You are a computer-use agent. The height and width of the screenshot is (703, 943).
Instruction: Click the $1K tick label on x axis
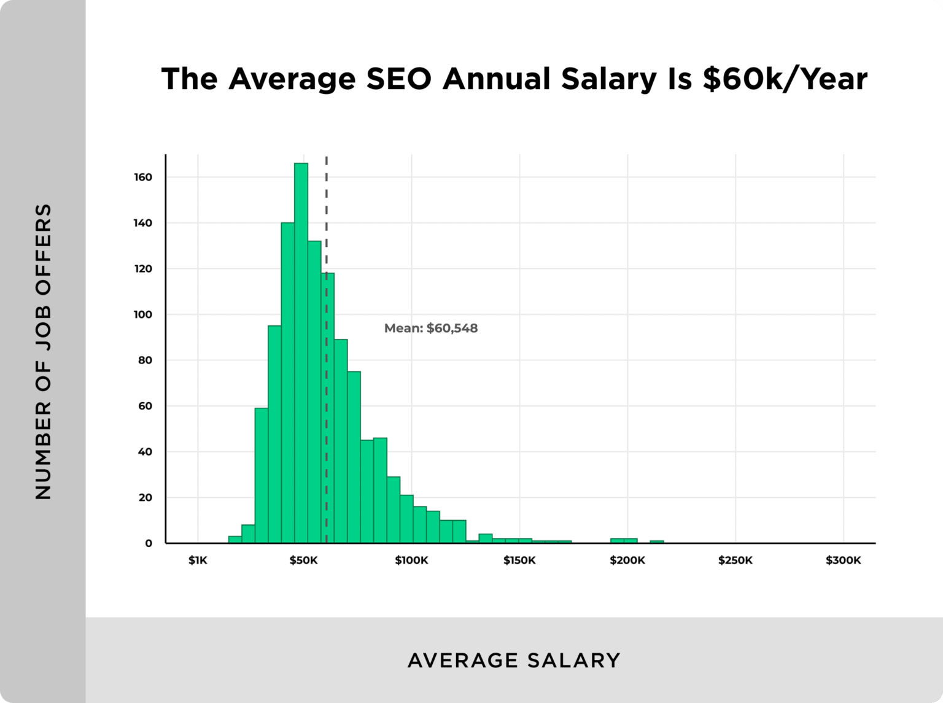(x=198, y=561)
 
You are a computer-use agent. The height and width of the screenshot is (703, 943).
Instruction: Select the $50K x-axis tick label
(x=303, y=561)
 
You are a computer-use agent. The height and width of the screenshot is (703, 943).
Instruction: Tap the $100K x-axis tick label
(x=411, y=561)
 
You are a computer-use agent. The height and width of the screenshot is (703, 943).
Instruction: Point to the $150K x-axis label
(x=519, y=561)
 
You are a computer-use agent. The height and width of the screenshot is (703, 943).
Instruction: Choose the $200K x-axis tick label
(x=627, y=561)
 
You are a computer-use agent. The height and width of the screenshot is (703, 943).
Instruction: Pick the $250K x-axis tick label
(x=735, y=561)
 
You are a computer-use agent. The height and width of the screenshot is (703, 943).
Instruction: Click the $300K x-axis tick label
(x=843, y=561)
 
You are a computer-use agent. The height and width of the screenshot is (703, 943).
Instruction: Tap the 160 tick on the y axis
(x=143, y=177)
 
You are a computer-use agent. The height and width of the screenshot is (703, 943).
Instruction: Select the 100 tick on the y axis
(x=143, y=315)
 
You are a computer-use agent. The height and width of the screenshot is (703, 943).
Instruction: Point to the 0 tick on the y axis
(x=149, y=543)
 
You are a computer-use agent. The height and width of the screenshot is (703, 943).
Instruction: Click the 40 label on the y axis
(x=145, y=452)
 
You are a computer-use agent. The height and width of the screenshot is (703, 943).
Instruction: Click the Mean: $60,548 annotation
(x=430, y=328)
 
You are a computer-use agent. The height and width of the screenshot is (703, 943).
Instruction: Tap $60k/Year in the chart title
(x=785, y=79)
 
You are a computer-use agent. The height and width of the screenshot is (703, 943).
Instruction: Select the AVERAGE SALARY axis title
(x=514, y=661)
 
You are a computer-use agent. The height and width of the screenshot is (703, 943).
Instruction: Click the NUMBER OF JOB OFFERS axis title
(x=43, y=351)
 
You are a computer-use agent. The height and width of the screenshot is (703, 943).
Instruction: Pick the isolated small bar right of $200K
(x=657, y=542)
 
